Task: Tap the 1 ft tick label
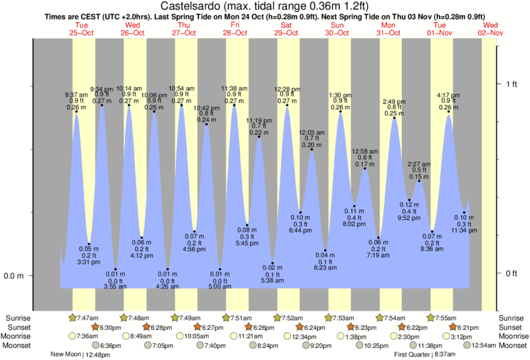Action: pyautogui.click(x=511, y=83)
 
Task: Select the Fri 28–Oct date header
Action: pyautogui.click(x=235, y=29)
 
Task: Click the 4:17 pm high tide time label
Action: pyautogui.click(x=448, y=94)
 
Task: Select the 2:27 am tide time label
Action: pyautogui.click(x=419, y=164)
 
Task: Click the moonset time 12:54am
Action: pyautogui.click(x=484, y=345)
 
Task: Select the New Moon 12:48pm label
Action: pyautogui.click(x=79, y=355)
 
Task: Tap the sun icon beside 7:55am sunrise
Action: pyautogui.click(x=430, y=318)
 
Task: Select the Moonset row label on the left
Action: pyautogui.click(x=17, y=345)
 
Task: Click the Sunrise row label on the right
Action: pyautogui.click(x=513, y=318)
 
